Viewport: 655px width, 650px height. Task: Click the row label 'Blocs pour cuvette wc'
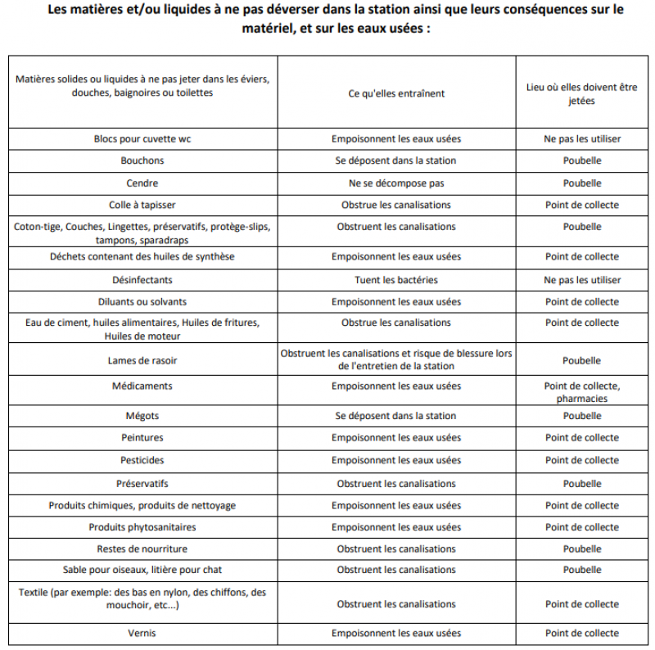[142, 139]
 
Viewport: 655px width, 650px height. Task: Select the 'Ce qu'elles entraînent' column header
[396, 93]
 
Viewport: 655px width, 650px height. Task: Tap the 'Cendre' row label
[142, 183]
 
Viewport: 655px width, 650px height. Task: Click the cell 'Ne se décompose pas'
[396, 183]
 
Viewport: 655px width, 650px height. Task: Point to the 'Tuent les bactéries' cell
[396, 280]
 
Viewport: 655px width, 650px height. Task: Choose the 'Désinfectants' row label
[142, 280]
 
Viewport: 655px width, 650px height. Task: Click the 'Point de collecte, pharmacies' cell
[582, 392]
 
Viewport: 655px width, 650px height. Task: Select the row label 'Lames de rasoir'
[142, 360]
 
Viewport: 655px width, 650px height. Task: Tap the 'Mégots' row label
[142, 416]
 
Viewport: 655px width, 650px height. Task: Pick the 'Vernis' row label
[142, 633]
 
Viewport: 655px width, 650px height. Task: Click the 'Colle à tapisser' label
[142, 205]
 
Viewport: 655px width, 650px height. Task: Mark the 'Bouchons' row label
[142, 161]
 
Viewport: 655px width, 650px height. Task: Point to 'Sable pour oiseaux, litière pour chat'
[142, 570]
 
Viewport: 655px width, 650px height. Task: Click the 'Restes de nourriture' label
[142, 548]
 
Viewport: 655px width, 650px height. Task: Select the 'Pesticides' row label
[142, 460]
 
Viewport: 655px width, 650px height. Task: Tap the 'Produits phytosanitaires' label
[142, 527]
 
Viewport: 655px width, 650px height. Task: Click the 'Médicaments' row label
[142, 386]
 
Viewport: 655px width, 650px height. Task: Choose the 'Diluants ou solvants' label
[142, 302]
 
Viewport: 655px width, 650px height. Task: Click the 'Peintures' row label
[142, 438]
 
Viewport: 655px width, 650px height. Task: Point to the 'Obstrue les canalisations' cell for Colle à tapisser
[396, 205]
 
